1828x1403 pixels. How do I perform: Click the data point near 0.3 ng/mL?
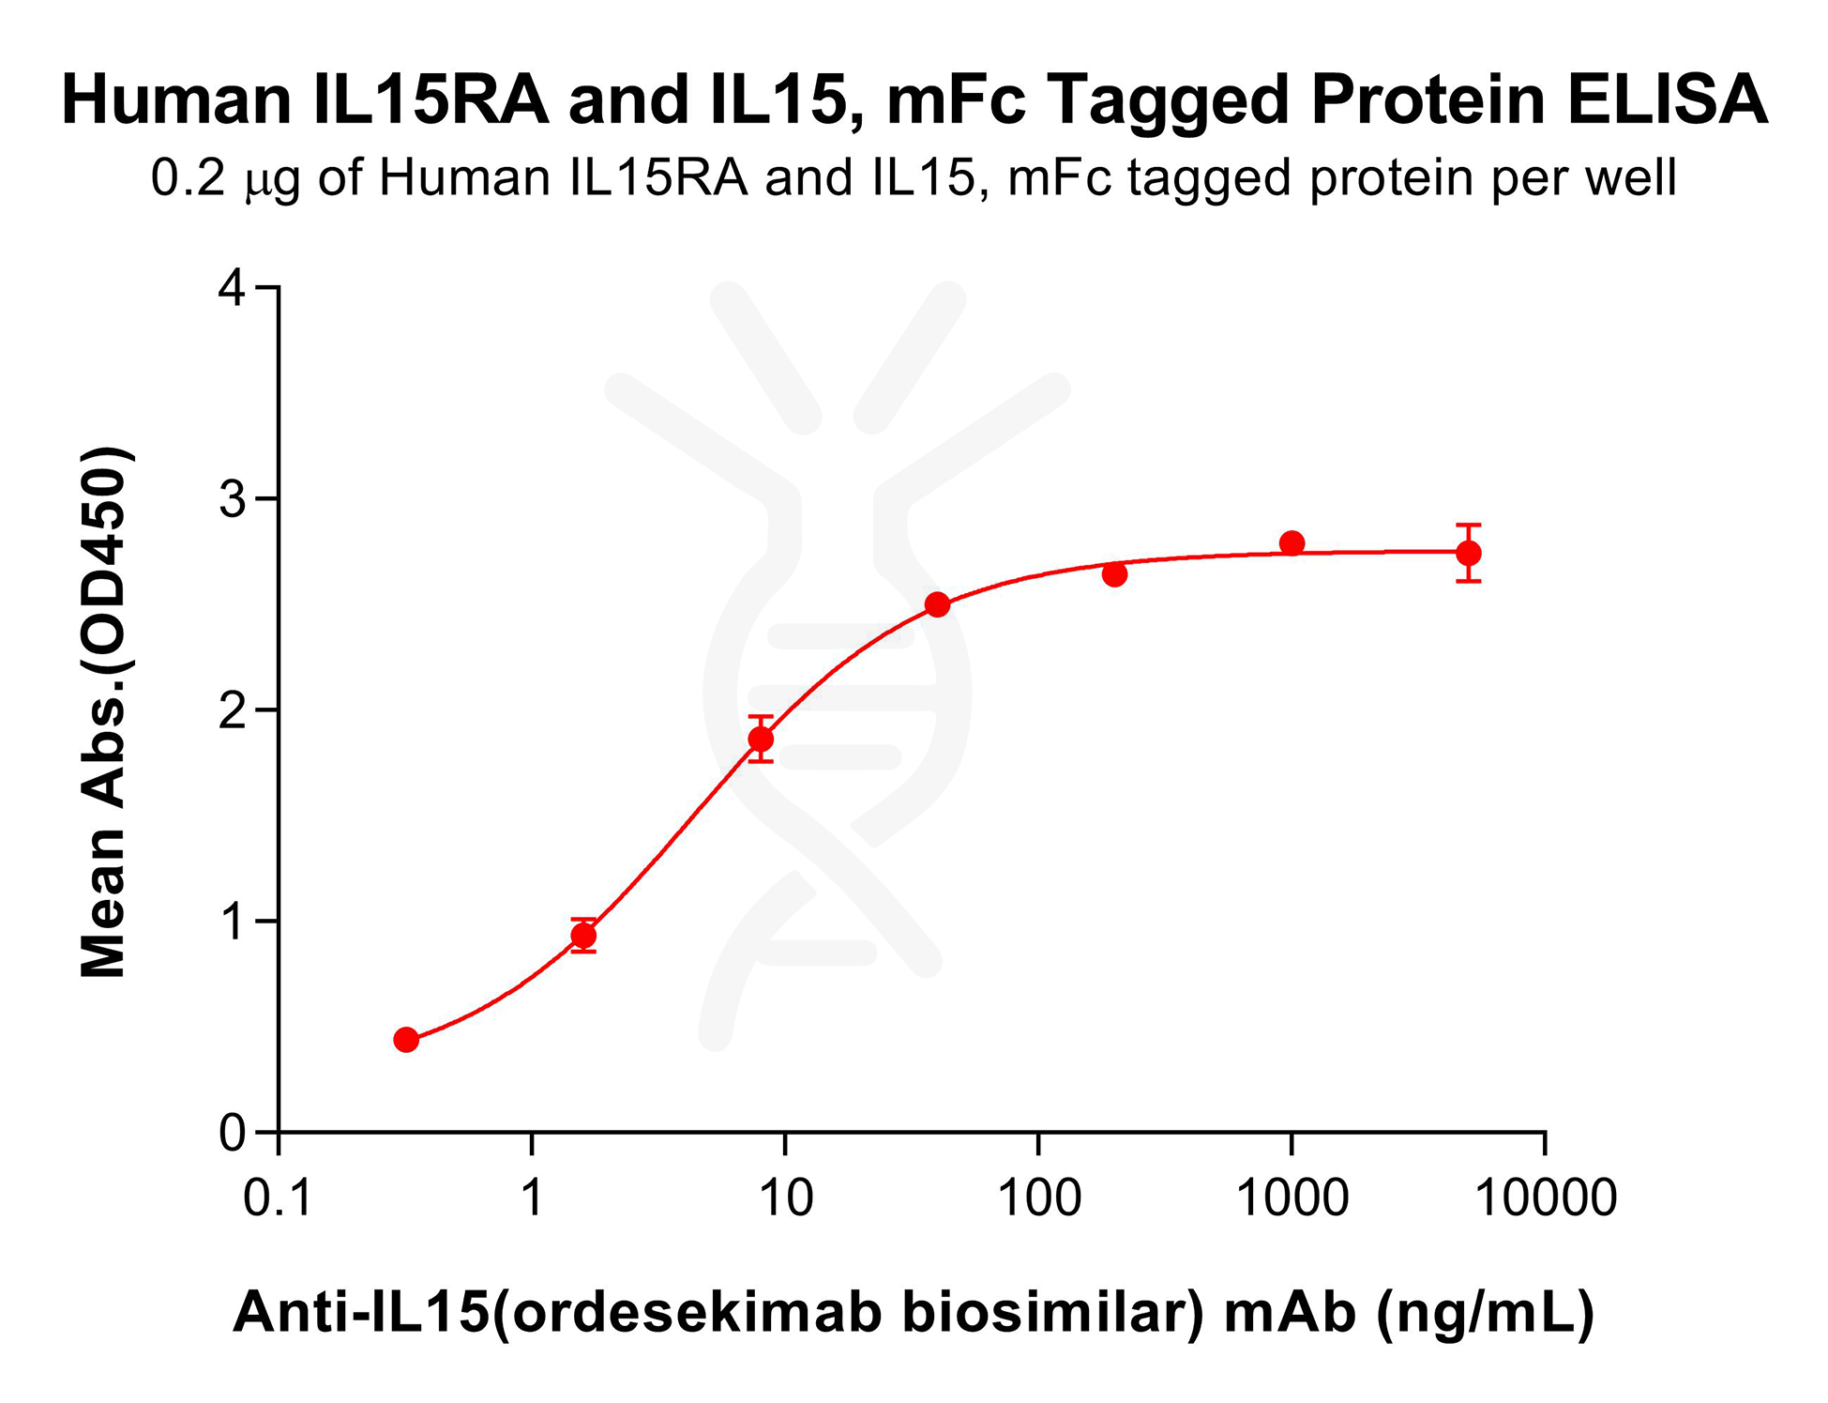pos(406,1039)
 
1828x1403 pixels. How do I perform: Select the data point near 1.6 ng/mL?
pos(583,936)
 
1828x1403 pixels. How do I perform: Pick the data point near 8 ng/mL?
pos(761,740)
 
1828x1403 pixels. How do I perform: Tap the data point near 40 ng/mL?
pos(937,604)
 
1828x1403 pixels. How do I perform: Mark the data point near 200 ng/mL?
pos(1114,574)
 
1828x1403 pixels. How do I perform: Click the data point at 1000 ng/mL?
pos(1292,542)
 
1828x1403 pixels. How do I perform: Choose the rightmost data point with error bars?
pos(1469,553)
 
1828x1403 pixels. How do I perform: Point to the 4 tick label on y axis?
pos(232,288)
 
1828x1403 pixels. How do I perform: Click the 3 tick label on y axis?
pos(232,499)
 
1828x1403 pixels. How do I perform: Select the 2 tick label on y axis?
pos(232,711)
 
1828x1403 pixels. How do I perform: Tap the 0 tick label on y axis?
pos(232,1134)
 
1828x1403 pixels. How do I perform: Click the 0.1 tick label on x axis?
pos(278,1198)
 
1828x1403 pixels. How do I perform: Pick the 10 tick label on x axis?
pos(785,1198)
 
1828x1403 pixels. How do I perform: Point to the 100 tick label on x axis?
pos(1038,1198)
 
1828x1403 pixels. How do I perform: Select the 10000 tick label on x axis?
pos(1546,1198)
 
